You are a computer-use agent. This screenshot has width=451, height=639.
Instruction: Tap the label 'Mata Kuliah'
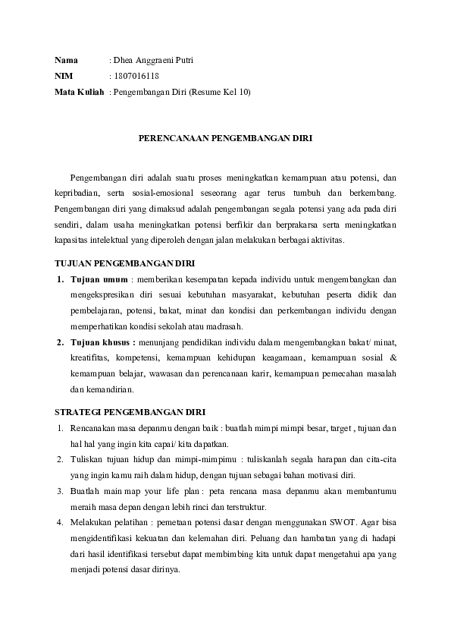tap(79, 92)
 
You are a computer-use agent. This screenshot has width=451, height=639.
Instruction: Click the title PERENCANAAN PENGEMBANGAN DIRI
tap(225, 139)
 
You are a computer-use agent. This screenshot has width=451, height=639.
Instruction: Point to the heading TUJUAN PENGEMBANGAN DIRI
tap(125, 263)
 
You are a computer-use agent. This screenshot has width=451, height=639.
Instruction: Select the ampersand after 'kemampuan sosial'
tap(393, 358)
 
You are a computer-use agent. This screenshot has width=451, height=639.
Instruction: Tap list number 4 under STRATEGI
tap(60, 523)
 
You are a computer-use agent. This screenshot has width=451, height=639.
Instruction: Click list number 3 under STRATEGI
tap(60, 492)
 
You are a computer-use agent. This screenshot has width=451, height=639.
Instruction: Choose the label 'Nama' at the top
tap(67, 60)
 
